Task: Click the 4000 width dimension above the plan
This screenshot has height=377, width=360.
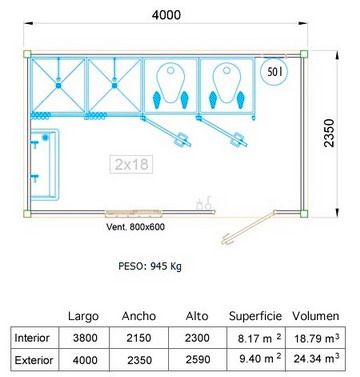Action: pyautogui.click(x=166, y=15)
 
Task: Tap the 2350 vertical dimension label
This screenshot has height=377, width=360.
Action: pyautogui.click(x=329, y=133)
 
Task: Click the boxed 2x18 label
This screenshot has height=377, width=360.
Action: pyautogui.click(x=131, y=164)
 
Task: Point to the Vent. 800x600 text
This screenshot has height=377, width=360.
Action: pyautogui.click(x=135, y=227)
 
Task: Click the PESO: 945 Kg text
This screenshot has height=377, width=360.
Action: pyautogui.click(x=150, y=266)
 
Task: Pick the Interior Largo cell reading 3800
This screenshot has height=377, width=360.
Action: pyautogui.click(x=85, y=338)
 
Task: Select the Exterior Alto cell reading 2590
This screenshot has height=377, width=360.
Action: pyautogui.click(x=198, y=360)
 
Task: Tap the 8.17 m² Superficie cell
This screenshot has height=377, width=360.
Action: pyautogui.click(x=259, y=338)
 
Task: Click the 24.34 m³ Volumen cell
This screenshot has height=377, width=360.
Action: pyautogui.click(x=316, y=359)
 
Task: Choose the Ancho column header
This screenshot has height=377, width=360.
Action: pyautogui.click(x=139, y=316)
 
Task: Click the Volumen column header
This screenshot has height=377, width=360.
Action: pyautogui.click(x=316, y=316)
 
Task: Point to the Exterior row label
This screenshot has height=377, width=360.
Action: pyautogui.click(x=34, y=360)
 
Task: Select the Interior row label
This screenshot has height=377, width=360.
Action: pyautogui.click(x=32, y=338)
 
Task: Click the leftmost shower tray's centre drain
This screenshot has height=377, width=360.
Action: pyautogui.click(x=59, y=85)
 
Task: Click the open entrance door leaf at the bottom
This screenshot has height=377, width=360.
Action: pyautogui.click(x=248, y=228)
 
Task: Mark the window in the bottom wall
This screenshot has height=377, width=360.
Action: pyautogui.click(x=133, y=212)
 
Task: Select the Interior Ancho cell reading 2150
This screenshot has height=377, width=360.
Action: pyautogui.click(x=139, y=338)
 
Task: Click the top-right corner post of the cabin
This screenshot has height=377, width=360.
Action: pyautogui.click(x=303, y=54)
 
